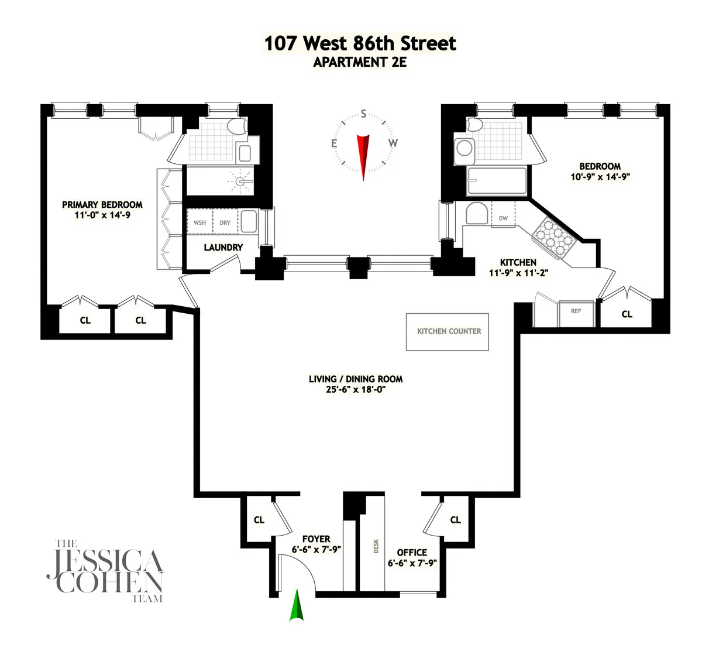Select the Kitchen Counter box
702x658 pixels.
448,331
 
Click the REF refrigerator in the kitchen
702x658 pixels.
576,313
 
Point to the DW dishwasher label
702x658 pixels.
503,218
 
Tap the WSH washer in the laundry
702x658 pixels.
199,222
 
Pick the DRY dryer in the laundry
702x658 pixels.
225,222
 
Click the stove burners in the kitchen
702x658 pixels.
550,235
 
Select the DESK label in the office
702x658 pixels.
376,546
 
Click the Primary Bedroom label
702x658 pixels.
102,205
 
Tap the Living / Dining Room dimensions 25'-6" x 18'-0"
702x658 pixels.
356,390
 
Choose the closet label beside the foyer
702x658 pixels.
259,520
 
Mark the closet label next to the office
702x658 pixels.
455,520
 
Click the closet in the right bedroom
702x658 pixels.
627,314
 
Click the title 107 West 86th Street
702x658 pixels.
360,44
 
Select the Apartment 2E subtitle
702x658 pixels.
360,63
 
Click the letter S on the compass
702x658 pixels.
363,114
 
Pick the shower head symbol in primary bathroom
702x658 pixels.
241,181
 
